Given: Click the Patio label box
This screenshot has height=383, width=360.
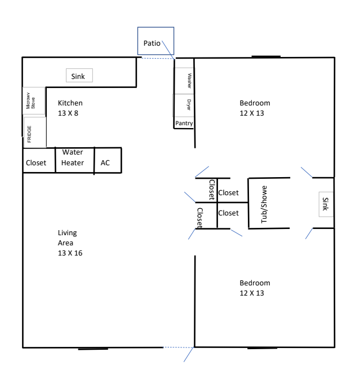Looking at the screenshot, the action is pyautogui.click(x=155, y=41).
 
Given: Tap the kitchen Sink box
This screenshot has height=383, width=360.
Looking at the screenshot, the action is pyautogui.click(x=79, y=75).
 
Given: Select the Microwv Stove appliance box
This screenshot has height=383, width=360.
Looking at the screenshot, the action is pyautogui.click(x=34, y=100).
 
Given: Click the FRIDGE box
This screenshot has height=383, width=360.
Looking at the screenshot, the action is pyautogui.click(x=35, y=133).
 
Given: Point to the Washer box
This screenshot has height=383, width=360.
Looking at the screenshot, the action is pyautogui.click(x=184, y=81).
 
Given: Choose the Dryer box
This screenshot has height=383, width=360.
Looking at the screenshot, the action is pyautogui.click(x=184, y=105).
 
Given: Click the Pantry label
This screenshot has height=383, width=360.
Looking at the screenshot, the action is pyautogui.click(x=184, y=123).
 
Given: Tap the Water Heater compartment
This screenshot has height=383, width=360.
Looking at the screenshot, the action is pyautogui.click(x=75, y=160).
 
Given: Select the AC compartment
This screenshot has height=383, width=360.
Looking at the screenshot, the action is pyautogui.click(x=108, y=160).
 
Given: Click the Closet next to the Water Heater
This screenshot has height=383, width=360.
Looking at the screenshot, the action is pyautogui.click(x=39, y=160).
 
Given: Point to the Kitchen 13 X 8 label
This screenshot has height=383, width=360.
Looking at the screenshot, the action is pyautogui.click(x=70, y=108).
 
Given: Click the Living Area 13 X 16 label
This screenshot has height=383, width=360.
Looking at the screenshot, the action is pyautogui.click(x=70, y=243).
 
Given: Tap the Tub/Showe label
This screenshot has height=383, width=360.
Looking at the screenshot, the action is pyautogui.click(x=264, y=204).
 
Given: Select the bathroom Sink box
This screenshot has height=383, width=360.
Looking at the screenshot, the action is pyautogui.click(x=326, y=204).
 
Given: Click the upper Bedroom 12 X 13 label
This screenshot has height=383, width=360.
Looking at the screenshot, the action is pyautogui.click(x=255, y=108).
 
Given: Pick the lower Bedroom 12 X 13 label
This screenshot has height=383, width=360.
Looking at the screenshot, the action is pyautogui.click(x=255, y=288).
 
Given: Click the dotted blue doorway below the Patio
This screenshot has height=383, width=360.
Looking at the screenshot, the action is pyautogui.click(x=158, y=58).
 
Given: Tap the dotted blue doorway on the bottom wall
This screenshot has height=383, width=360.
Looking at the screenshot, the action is pyautogui.click(x=179, y=347).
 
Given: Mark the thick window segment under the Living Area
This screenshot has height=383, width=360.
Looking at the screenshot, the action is pyautogui.click(x=93, y=349).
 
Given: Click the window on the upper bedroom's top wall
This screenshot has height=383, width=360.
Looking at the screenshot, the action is pyautogui.click(x=266, y=56).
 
